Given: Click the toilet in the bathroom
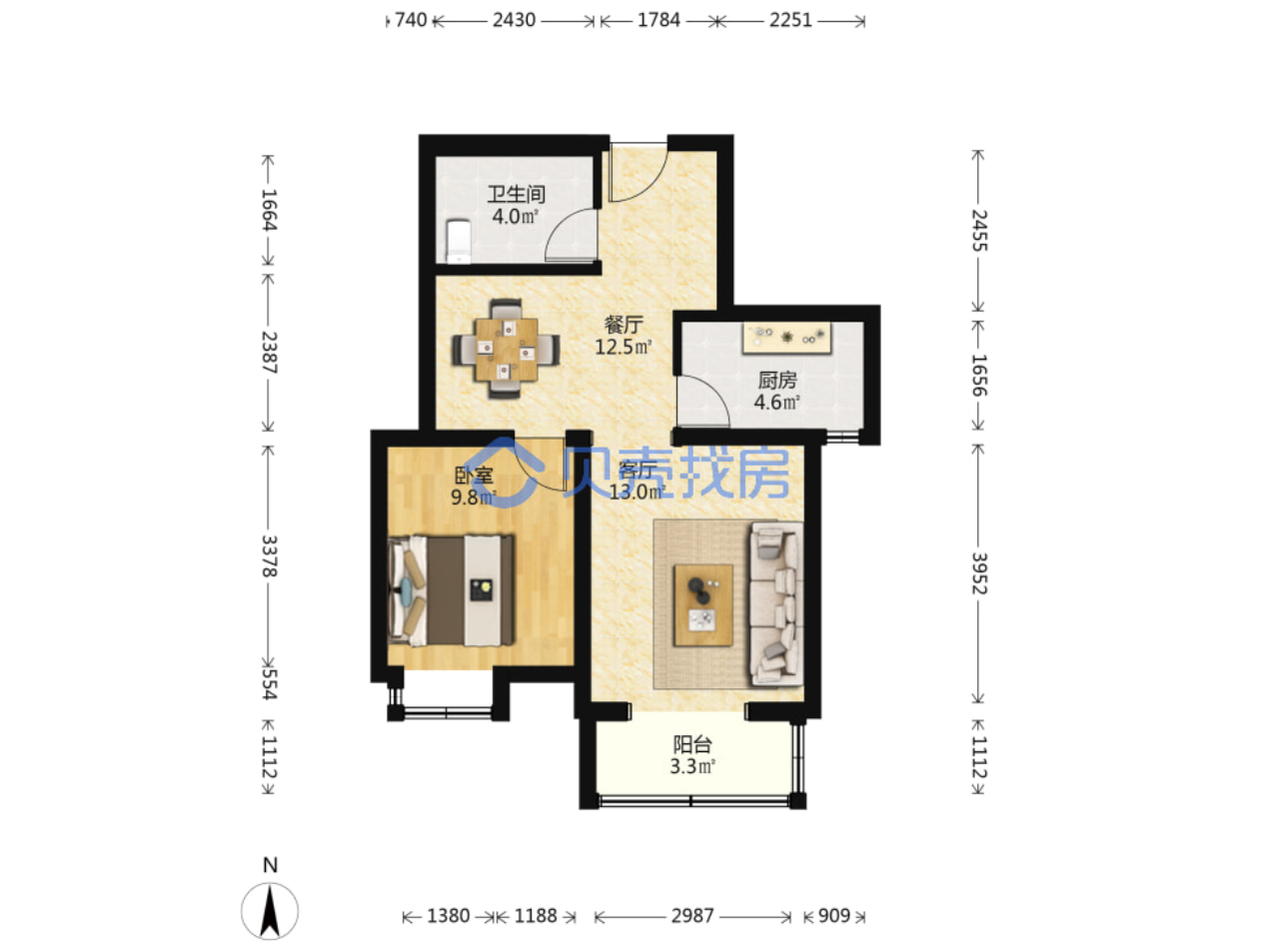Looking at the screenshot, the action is tap(458, 241).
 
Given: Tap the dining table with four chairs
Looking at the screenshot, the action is tap(506, 349).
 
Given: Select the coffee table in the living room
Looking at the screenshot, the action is tap(702, 604).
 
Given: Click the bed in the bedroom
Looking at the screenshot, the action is tap(451, 590).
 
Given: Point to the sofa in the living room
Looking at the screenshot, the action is tap(775, 603).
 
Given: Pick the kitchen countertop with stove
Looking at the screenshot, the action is tap(786, 337).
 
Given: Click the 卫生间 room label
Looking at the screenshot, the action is tap(516, 195).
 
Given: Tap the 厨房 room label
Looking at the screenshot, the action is tap(776, 381).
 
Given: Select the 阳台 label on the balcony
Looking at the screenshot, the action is tap(692, 745).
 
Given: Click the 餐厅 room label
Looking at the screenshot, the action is tap(624, 325).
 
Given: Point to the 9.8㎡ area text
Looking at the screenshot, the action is tap(473, 496).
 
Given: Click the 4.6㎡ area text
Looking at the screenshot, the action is tap(776, 402).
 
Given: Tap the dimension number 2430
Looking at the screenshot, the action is tap(514, 20).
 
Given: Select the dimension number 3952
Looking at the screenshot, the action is tap(979, 573).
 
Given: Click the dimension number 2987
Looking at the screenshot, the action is tap(692, 915).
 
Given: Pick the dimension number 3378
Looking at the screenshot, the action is tap(269, 556).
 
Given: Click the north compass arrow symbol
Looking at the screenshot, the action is tap(269, 910).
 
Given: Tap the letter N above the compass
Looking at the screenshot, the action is tap(270, 865).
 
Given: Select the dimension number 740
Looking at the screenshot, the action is tap(411, 20).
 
